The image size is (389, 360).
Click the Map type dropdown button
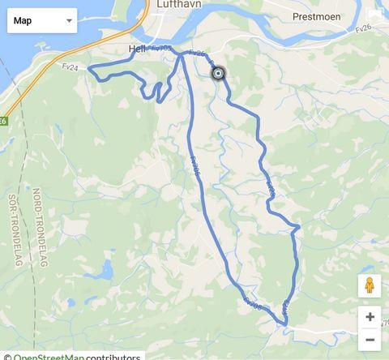pyautogui.click(x=42, y=20)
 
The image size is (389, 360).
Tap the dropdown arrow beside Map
pyautogui.click(x=68, y=21)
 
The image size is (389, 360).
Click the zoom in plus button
pyautogui.click(x=370, y=317)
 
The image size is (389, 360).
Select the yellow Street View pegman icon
pyautogui.click(x=370, y=286)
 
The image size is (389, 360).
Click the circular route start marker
pyautogui.click(x=218, y=74)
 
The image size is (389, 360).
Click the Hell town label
pyautogui.click(x=136, y=49)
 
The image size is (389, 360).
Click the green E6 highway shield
pyautogui.click(x=3, y=121)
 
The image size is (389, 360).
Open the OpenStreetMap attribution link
pyautogui.click(x=49, y=356)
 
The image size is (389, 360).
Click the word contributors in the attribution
pyautogui.click(x=113, y=356)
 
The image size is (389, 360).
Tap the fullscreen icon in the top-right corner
pyautogui.click(x=374, y=14)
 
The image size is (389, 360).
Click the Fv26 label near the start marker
pyautogui.click(x=197, y=54)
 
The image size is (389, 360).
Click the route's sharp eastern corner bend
pyautogui.click(x=298, y=225)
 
